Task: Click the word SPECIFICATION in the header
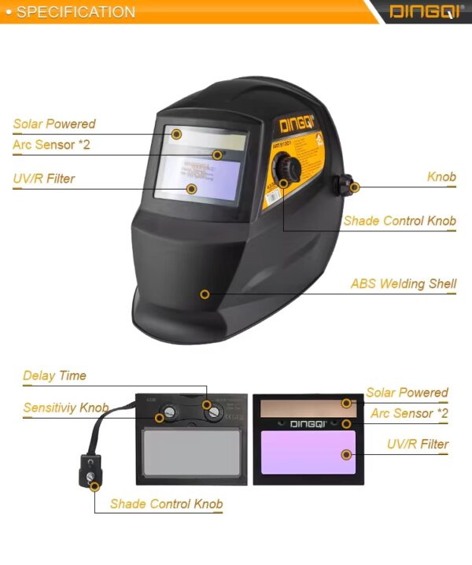tap(76, 12)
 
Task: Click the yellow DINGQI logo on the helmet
tap(297, 123)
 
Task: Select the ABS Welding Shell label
tap(404, 283)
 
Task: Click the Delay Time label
tap(54, 375)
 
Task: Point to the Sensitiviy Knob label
tap(65, 408)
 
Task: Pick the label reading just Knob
tap(441, 176)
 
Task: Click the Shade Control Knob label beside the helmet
tap(400, 220)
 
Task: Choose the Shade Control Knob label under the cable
tap(166, 504)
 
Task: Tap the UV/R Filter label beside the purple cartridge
tap(418, 444)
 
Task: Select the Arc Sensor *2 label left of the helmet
tap(53, 145)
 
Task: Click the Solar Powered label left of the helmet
tap(53, 124)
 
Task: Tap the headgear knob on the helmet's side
tap(345, 185)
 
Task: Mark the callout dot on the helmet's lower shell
tap(205, 294)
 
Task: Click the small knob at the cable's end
tap(92, 477)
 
